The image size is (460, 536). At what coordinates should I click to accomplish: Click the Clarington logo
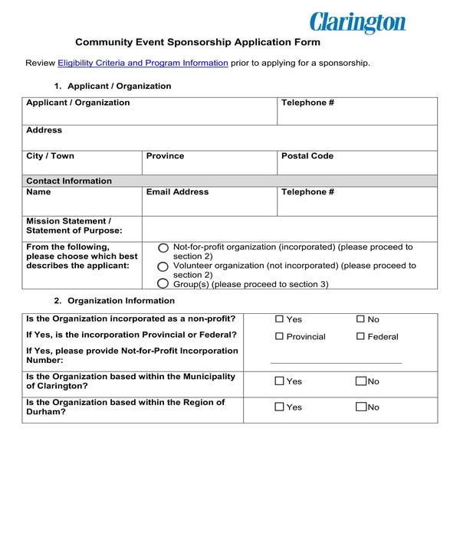[357, 22]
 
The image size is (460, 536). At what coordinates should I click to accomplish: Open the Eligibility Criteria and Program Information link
[143, 63]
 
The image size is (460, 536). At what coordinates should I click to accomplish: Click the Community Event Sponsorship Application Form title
[198, 42]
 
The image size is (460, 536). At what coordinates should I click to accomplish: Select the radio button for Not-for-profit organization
[163, 248]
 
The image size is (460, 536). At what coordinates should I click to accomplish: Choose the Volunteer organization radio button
[163, 266]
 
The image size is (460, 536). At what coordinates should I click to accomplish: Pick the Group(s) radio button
[163, 284]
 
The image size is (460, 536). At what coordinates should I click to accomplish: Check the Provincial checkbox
[280, 337]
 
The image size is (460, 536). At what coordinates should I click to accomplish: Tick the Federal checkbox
[361, 337]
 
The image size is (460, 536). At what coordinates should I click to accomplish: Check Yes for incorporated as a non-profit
[280, 319]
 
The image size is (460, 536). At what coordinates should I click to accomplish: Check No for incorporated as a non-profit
[361, 319]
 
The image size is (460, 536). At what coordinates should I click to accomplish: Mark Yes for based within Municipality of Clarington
[280, 381]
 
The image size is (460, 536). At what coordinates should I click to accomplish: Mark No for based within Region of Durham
[361, 407]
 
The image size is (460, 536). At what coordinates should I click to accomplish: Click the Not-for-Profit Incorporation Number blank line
[336, 361]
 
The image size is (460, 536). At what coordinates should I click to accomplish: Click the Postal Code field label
[307, 156]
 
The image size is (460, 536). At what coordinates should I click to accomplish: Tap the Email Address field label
[177, 192]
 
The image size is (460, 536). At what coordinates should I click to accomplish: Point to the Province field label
[165, 156]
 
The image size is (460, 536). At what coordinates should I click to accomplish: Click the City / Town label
[51, 156]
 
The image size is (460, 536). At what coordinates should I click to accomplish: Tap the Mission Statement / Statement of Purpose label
[74, 225]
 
